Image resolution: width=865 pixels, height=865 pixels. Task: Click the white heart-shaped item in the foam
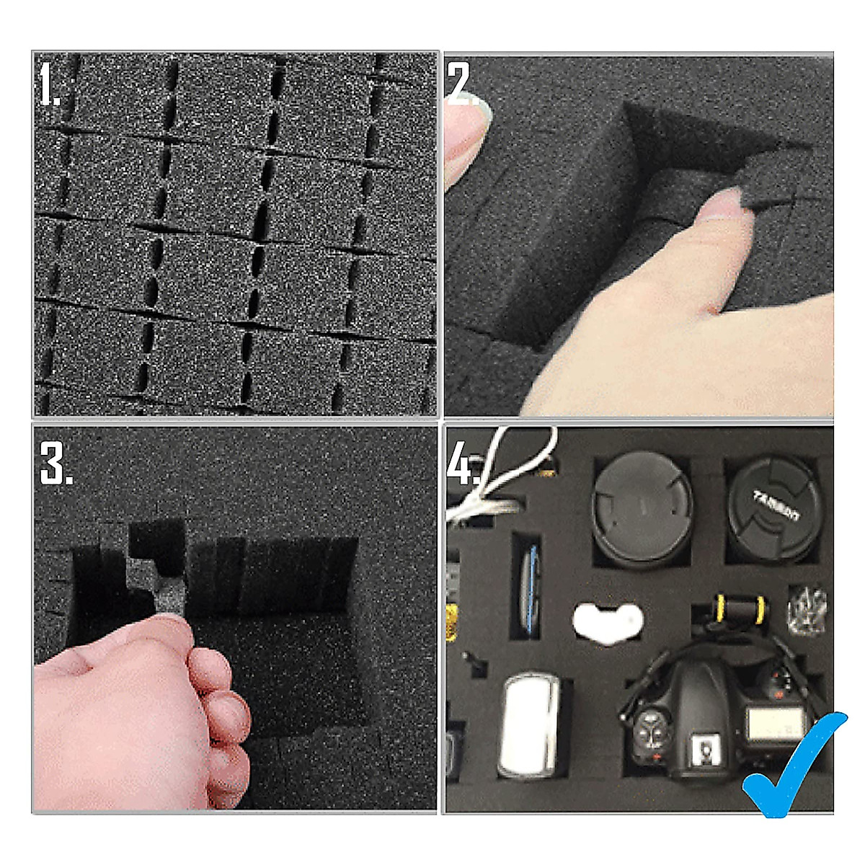(x=608, y=621)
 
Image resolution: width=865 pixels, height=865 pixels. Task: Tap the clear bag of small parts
(x=807, y=609)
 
